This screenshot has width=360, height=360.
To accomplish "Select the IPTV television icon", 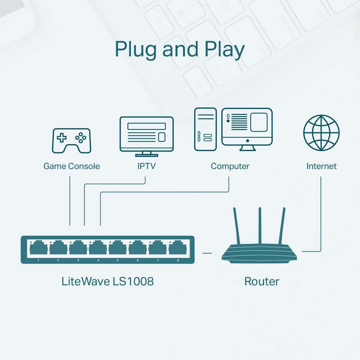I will [146, 135].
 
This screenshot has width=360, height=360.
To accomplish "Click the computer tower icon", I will [205, 129].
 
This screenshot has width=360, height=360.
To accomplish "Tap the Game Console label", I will [72, 166].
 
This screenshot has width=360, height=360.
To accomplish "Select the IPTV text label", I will [146, 166].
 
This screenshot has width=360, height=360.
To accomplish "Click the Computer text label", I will [230, 166].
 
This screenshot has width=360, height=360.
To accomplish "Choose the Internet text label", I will [321, 166].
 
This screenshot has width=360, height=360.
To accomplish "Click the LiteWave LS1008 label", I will [108, 282].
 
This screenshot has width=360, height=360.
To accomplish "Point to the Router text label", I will [261, 282].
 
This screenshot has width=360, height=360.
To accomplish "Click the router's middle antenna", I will [260, 227].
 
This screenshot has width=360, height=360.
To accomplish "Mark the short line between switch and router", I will [207, 253].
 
